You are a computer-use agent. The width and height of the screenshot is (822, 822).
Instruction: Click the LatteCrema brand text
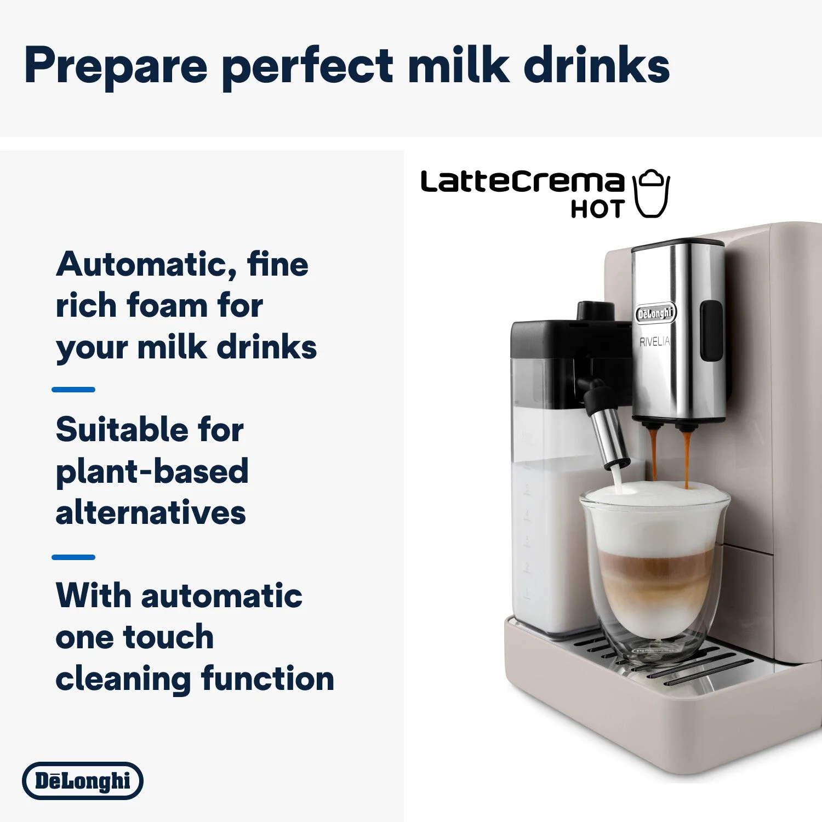pyautogui.click(x=522, y=182)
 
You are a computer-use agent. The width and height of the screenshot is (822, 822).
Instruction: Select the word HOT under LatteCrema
pyautogui.click(x=597, y=209)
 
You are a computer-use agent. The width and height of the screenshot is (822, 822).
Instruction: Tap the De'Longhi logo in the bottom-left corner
pyautogui.click(x=83, y=780)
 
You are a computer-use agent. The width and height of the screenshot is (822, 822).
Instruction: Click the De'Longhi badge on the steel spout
pyautogui.click(x=655, y=313)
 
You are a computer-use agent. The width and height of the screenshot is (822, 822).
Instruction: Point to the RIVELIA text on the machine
pyautogui.click(x=654, y=341)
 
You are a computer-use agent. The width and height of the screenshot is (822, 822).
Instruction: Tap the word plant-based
pyautogui.click(x=152, y=471)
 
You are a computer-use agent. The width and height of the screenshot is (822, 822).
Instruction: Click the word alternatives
pyautogui.click(x=151, y=513)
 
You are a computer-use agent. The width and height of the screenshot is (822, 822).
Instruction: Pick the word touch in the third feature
pyautogui.click(x=169, y=637)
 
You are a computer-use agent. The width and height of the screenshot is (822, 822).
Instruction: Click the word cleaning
pyautogui.click(x=123, y=678)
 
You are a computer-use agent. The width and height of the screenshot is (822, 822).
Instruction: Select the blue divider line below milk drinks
pyautogui.click(x=73, y=390)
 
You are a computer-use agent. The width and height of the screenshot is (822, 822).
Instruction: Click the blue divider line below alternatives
pyautogui.click(x=73, y=557)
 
